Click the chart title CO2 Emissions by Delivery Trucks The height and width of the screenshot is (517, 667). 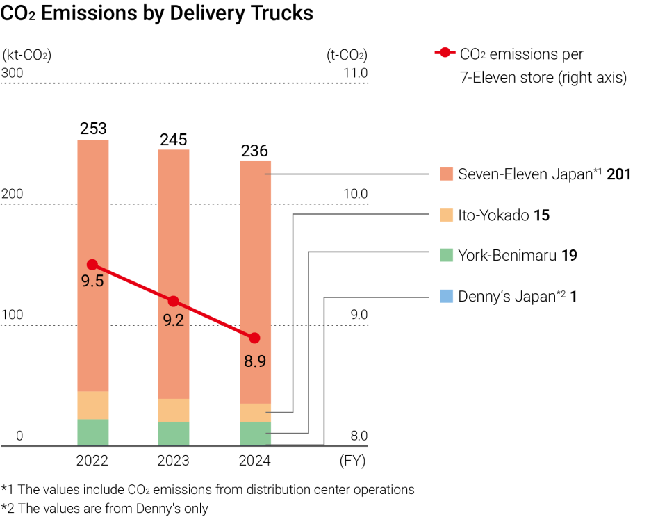point(157,14)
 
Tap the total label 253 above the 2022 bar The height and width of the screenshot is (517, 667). point(93,129)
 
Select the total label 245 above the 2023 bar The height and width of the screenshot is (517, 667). point(174,140)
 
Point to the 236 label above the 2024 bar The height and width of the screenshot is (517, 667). point(254,151)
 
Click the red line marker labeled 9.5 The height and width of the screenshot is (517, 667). point(92,265)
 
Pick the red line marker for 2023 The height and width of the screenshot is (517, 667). point(174,301)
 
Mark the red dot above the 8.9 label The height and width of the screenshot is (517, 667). point(254,338)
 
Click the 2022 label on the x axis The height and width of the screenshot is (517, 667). point(93,461)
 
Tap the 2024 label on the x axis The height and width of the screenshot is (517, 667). point(254,461)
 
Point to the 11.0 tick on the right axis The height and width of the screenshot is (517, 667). point(355,72)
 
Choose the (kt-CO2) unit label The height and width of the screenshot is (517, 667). point(27,55)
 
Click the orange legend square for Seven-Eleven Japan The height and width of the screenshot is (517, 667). point(447,174)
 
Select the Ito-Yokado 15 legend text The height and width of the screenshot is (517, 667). point(503,215)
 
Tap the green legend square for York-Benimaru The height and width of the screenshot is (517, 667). point(447,256)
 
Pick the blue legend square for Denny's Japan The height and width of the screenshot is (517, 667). point(447,297)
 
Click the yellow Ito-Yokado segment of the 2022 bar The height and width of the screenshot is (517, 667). point(93,405)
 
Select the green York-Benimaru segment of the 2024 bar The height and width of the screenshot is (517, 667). point(254,432)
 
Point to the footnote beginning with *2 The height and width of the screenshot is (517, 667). point(104,508)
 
